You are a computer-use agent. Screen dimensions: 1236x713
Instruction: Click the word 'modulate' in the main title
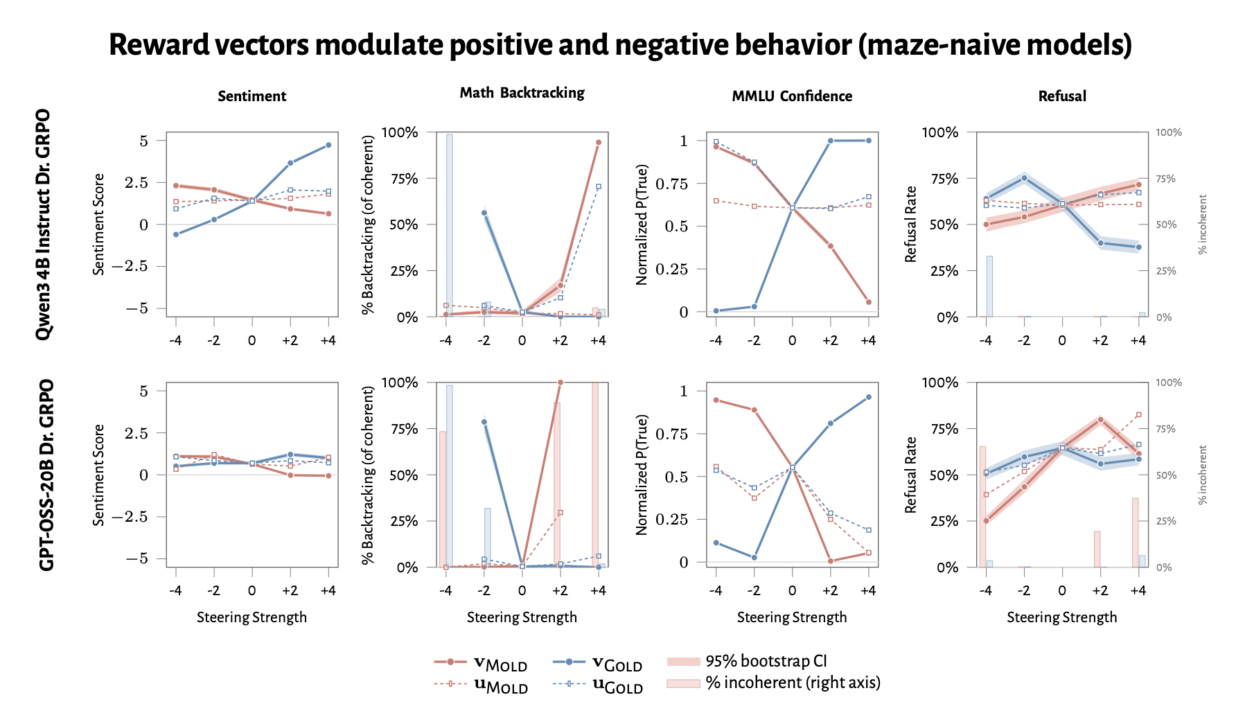tap(376, 45)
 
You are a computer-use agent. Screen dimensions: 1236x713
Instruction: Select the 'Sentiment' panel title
tap(252, 96)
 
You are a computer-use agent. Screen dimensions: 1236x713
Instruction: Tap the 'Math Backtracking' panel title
tap(522, 93)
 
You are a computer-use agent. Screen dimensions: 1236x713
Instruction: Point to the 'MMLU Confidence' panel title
tap(792, 96)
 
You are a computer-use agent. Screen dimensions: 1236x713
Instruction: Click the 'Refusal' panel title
tap(1062, 96)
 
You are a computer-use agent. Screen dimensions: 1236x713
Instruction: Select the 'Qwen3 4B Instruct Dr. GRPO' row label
tap(44, 224)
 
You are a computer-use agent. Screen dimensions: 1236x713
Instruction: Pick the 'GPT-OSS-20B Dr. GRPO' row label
tap(46, 475)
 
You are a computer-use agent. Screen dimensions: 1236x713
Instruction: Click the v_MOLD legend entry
tap(481, 663)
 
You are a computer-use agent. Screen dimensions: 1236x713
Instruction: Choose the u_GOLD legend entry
tap(598, 685)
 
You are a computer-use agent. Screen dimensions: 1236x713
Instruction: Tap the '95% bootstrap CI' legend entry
tap(747, 662)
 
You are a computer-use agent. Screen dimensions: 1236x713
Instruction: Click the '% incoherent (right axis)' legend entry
tap(774, 683)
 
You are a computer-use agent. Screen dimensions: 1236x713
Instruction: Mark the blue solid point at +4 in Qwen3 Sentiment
tap(328, 145)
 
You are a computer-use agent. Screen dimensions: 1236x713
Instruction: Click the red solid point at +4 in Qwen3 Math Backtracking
tap(599, 142)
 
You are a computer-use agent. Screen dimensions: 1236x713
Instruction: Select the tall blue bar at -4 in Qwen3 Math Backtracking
tap(449, 225)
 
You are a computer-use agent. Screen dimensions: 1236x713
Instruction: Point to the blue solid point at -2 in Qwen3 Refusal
tap(1024, 178)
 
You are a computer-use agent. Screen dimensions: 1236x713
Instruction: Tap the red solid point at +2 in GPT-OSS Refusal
tap(1100, 419)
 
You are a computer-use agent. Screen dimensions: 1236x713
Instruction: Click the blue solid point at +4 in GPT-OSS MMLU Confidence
tap(868, 397)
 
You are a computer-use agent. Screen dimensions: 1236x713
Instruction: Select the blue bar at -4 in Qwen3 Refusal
tap(989, 286)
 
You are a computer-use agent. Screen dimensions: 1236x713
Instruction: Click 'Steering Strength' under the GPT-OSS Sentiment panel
tap(251, 617)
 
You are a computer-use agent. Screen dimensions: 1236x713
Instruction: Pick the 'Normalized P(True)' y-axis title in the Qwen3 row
tap(642, 225)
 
